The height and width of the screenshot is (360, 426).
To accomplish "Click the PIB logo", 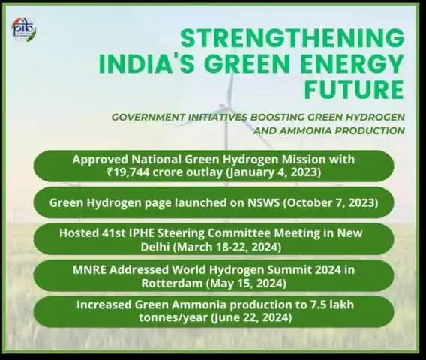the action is pyautogui.click(x=24, y=29).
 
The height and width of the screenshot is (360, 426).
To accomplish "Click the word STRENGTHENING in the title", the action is pyautogui.click(x=292, y=38).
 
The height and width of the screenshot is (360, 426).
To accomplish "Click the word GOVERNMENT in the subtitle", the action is pyautogui.click(x=148, y=117).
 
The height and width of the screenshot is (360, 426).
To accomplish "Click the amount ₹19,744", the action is pyautogui.click(x=128, y=172).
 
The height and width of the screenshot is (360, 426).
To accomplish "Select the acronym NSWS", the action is pyautogui.click(x=263, y=202).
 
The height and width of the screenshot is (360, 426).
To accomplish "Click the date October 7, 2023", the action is pyautogui.click(x=331, y=203).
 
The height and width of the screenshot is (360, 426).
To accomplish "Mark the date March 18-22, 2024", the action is pyautogui.click(x=227, y=247).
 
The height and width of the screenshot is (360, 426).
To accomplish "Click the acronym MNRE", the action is pyautogui.click(x=89, y=269).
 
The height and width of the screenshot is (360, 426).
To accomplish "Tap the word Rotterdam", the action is pyautogui.click(x=172, y=283).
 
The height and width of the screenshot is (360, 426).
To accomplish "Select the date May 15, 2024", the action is pyautogui.click(x=246, y=283).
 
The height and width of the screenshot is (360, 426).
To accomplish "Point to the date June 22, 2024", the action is pyautogui.click(x=251, y=317).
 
